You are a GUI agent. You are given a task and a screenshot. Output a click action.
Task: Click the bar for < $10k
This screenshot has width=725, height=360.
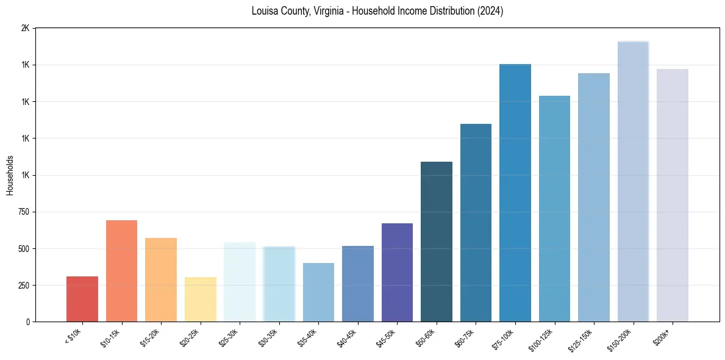click(x=82, y=299)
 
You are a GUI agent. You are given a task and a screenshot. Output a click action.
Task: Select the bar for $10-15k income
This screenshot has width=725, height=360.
click(x=121, y=271)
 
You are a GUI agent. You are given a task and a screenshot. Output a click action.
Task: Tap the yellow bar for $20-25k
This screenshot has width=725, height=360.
click(x=200, y=299)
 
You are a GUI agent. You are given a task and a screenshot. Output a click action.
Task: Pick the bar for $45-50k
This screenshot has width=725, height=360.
click(x=397, y=272)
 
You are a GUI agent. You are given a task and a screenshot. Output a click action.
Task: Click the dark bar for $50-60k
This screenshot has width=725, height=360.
click(x=437, y=242)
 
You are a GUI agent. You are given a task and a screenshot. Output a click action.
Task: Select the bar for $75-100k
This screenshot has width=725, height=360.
click(x=515, y=193)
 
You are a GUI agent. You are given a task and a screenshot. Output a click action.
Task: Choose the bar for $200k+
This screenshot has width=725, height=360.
click(x=673, y=195)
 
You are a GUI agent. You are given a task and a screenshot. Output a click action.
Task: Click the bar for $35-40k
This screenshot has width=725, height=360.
click(x=318, y=292)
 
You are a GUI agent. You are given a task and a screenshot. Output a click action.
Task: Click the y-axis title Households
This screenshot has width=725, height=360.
click(x=10, y=175)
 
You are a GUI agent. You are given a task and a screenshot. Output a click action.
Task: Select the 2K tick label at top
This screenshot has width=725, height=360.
click(x=25, y=29)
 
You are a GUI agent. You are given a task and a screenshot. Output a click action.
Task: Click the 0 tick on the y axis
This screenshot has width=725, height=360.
click(x=28, y=322)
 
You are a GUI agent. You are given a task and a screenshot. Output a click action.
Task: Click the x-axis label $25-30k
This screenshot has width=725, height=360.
click(x=229, y=336)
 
